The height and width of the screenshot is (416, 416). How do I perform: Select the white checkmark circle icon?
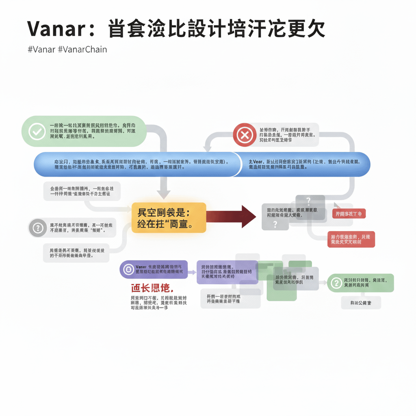click(x=37, y=132)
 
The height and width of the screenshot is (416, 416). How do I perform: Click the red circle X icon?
click(x=244, y=134)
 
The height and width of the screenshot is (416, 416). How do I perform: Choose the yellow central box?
click(x=169, y=218)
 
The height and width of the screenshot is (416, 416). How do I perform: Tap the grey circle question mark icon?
click(x=37, y=227)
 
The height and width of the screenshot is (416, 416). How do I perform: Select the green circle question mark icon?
click(x=336, y=282)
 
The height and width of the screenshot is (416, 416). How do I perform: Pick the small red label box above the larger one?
click(x=349, y=214)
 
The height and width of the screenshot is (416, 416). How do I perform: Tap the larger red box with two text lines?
click(x=351, y=239)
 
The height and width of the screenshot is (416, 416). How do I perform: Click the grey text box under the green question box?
click(x=360, y=303)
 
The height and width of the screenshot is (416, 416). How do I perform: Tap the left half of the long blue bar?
click(x=134, y=165)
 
